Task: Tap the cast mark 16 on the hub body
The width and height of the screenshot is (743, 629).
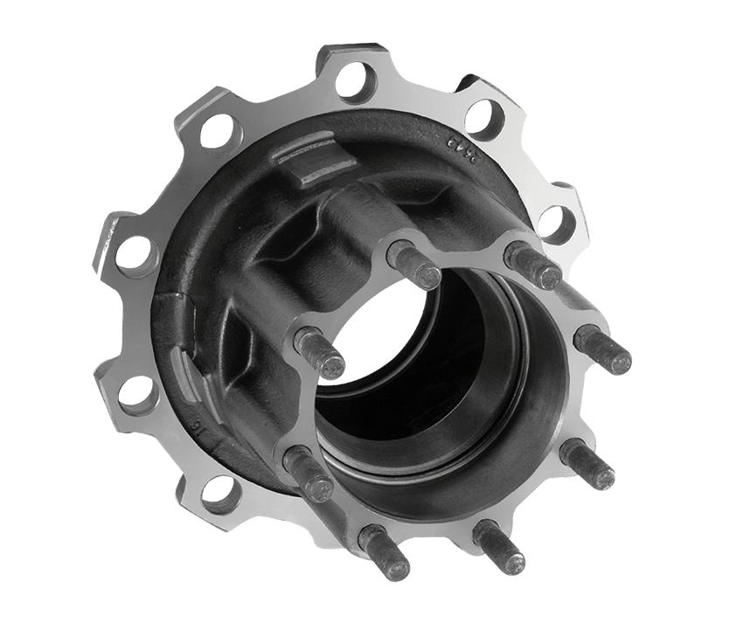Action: (x=198, y=429)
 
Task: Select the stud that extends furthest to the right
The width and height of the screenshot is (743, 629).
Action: (x=605, y=349)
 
